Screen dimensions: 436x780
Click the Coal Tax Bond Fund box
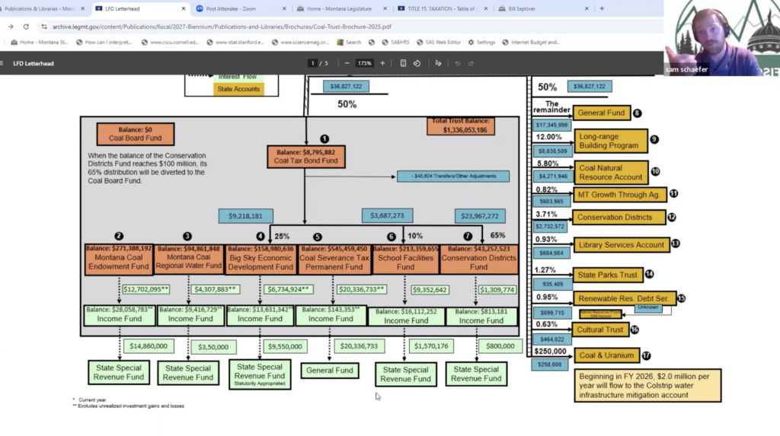pos(306,156)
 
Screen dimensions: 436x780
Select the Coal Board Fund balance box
pos(135,135)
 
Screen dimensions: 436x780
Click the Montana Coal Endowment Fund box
pos(119,258)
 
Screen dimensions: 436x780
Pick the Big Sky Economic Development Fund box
pos(260,258)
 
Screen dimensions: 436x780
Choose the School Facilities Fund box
pos(405,258)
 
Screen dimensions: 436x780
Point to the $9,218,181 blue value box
pos(245,216)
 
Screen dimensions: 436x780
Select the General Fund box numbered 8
pos(601,113)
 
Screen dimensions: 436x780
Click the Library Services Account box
pos(620,245)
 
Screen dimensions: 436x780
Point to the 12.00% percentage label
pos(548,138)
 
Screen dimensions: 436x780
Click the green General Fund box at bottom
pos(330,371)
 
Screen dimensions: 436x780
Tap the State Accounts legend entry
pos(238,89)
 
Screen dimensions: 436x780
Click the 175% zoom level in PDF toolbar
pos(364,63)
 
